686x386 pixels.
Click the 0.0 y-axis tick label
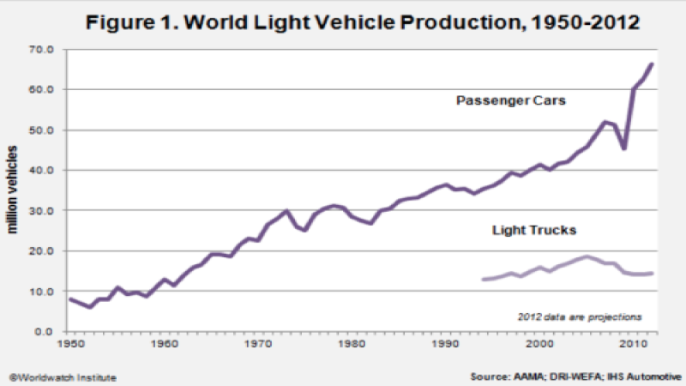point(44,332)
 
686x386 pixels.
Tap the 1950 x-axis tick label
point(69,345)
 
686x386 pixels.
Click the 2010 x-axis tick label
point(633,345)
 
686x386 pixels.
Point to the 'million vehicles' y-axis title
point(15,190)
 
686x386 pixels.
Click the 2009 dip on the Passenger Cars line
point(624,148)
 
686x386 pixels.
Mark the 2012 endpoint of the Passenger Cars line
point(651,64)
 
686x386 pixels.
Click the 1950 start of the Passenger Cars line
point(69,299)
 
